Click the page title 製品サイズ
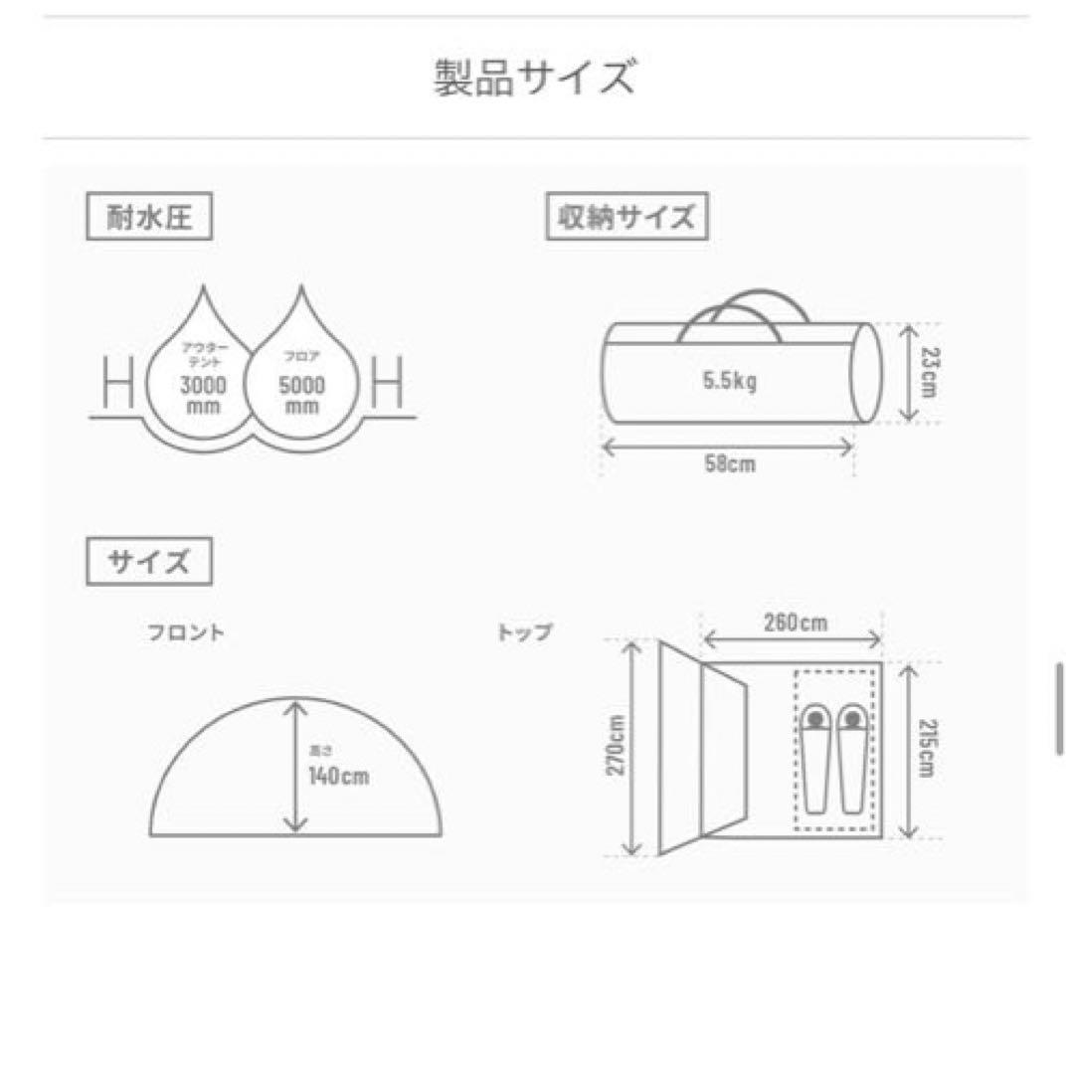[x=534, y=78]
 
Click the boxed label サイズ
[x=149, y=562]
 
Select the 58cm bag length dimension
[x=729, y=464]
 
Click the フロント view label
[x=186, y=632]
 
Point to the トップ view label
[x=524, y=632]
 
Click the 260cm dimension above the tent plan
[x=793, y=624]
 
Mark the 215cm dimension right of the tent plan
[x=927, y=750]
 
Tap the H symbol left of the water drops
[x=117, y=383]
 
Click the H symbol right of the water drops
[x=387, y=383]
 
